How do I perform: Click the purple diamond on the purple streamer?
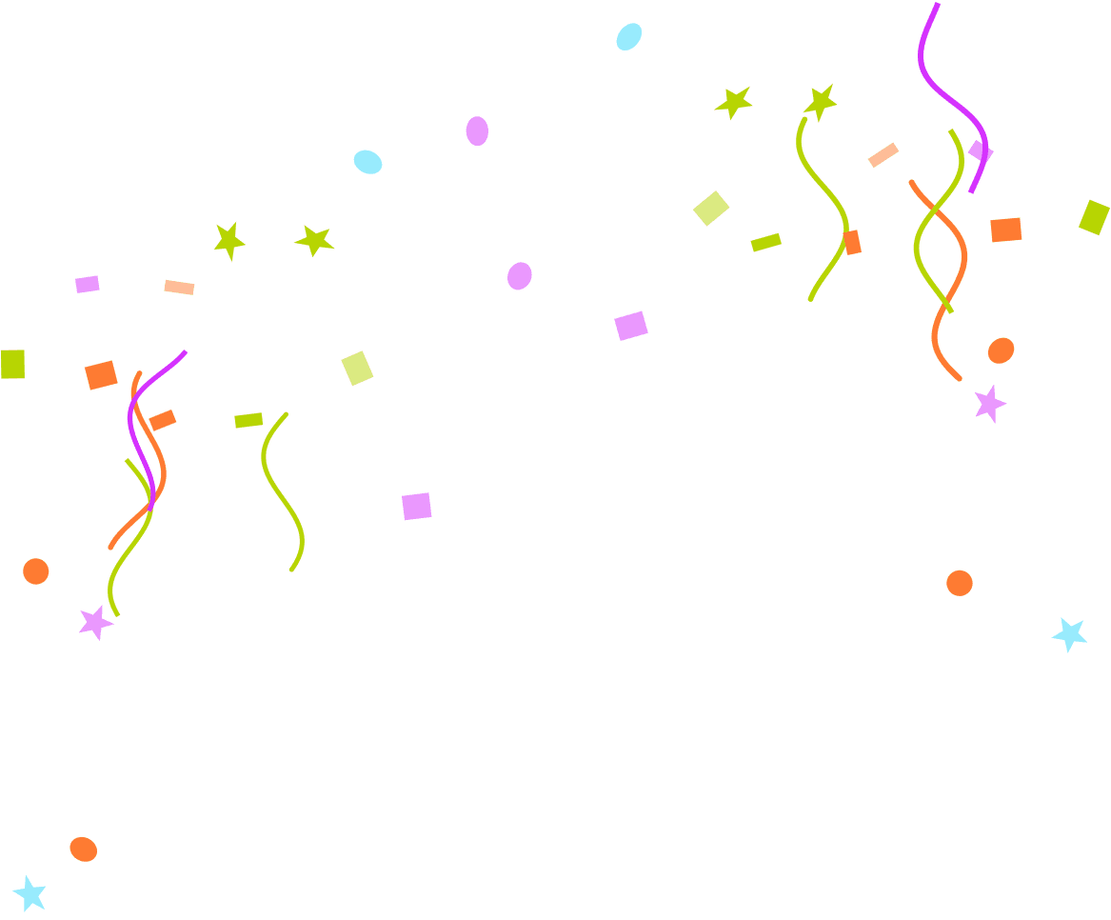[981, 151]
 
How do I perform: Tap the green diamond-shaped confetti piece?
[711, 208]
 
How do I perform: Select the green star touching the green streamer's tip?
[820, 101]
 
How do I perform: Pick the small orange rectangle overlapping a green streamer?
[852, 242]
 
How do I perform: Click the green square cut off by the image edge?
[12, 364]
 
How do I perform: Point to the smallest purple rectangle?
[88, 284]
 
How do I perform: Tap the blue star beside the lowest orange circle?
[30, 893]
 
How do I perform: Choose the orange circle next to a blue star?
[83, 849]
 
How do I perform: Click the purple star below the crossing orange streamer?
[989, 404]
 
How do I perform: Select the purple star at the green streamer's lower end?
[95, 623]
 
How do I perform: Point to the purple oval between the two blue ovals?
[477, 131]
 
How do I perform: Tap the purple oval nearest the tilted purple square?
[519, 276]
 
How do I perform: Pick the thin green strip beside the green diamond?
[765, 243]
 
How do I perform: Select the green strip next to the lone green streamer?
[248, 420]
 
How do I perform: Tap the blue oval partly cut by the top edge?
[628, 37]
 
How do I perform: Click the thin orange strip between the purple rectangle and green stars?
[179, 287]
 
